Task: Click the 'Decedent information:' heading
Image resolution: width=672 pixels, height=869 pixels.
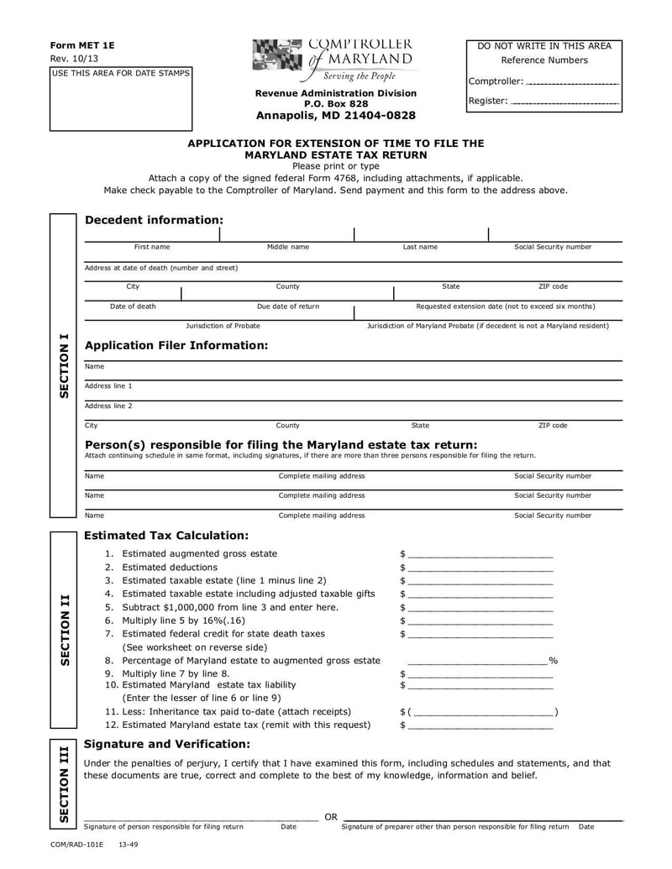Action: point(155,220)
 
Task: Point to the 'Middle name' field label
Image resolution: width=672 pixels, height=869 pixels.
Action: point(287,247)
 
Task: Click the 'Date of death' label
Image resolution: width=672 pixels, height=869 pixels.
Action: point(133,306)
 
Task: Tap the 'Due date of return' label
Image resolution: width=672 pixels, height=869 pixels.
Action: point(287,306)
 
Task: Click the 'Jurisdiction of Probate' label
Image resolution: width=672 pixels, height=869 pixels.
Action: point(223,326)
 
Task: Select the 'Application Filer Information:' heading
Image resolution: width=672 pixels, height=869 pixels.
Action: point(176,345)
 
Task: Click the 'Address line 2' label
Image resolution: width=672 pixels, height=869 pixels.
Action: point(108,406)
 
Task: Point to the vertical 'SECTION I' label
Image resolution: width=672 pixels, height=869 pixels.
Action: point(64,366)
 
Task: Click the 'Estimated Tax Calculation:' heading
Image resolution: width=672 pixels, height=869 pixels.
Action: point(166,535)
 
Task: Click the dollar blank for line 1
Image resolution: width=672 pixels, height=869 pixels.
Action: point(480,554)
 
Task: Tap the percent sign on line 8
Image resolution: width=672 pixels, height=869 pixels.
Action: point(553,661)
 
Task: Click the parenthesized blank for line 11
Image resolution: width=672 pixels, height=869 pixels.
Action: point(482,712)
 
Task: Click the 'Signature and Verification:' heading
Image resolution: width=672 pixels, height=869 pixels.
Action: point(167,744)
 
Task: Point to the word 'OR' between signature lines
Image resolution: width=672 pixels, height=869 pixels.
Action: point(331,817)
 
